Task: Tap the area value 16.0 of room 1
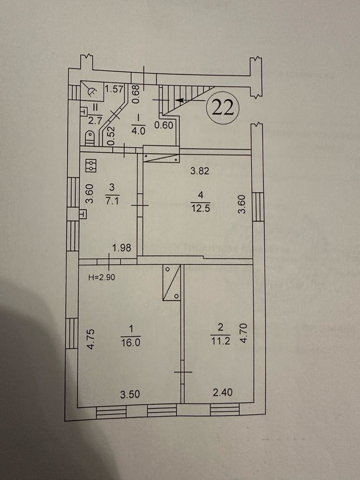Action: click(x=130, y=343)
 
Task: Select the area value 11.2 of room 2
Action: click(x=221, y=341)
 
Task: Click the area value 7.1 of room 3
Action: click(x=112, y=200)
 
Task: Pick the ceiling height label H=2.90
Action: click(x=102, y=277)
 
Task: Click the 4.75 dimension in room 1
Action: click(x=91, y=339)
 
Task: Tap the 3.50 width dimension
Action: click(x=130, y=394)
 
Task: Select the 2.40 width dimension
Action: click(x=223, y=392)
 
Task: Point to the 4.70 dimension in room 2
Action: click(x=241, y=334)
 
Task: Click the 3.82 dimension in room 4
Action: click(x=199, y=171)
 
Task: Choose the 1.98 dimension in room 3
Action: click(x=121, y=248)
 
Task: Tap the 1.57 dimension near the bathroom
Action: click(x=114, y=89)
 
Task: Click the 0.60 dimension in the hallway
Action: click(x=164, y=125)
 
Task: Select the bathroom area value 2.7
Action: click(x=95, y=120)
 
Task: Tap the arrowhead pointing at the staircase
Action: click(x=179, y=100)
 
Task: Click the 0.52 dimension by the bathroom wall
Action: click(x=111, y=136)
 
